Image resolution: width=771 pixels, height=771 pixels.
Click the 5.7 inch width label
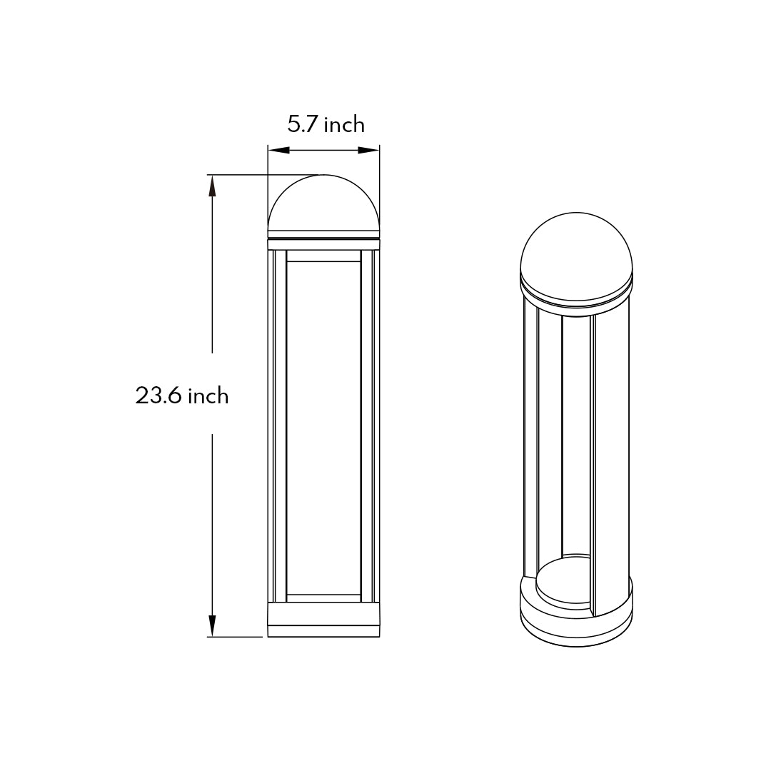pyautogui.click(x=326, y=125)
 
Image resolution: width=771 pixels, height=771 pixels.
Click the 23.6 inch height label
pyautogui.click(x=182, y=395)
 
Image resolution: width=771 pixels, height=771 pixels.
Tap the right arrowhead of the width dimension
pyautogui.click(x=368, y=150)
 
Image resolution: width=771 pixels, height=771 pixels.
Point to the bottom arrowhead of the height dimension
pyautogui.click(x=211, y=625)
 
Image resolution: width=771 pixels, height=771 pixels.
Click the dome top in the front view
pyautogui.click(x=323, y=203)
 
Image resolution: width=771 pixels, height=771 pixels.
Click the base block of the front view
pyautogui.click(x=323, y=619)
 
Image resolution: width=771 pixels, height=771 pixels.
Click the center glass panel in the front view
pyautogui.click(x=323, y=428)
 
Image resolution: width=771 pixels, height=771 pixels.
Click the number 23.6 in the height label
pyautogui.click(x=159, y=395)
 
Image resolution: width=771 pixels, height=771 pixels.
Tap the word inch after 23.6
pyautogui.click(x=208, y=395)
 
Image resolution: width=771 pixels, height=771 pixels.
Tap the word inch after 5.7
pyautogui.click(x=344, y=125)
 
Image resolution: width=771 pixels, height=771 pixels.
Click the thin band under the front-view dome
pyautogui.click(x=323, y=233)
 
